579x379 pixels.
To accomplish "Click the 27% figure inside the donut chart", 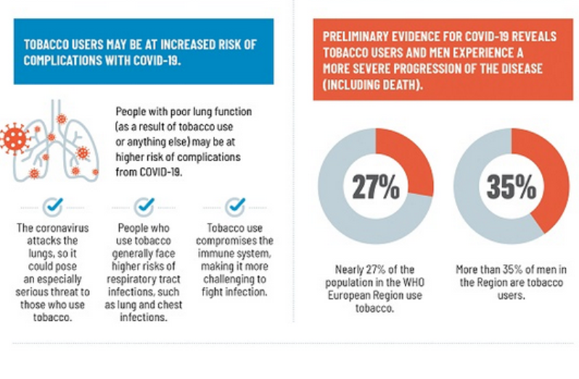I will (x=376, y=187).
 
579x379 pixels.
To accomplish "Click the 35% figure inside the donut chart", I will (x=511, y=187).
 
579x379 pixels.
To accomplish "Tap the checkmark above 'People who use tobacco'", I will (x=144, y=205).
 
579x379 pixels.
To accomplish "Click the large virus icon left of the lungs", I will (x=16, y=138).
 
